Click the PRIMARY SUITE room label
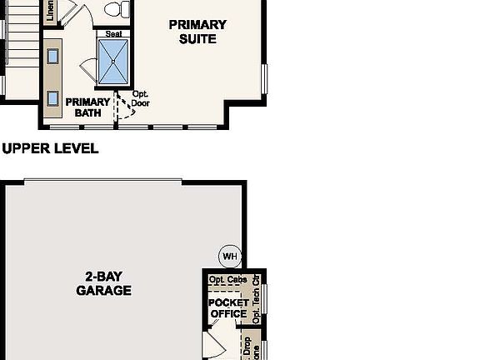coord(197,32)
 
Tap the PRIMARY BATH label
coord(89,107)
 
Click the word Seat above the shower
coord(114,34)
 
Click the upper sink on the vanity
coord(52,57)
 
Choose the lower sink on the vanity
coord(52,98)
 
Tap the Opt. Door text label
coord(141,99)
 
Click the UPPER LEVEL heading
coord(50,149)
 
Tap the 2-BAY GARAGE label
coord(103,283)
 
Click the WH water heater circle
coord(228,255)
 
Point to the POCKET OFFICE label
coord(228,308)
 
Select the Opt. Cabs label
coord(227,280)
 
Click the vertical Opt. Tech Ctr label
coord(256,298)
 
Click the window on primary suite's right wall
coord(263,79)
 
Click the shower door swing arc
coord(88,73)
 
